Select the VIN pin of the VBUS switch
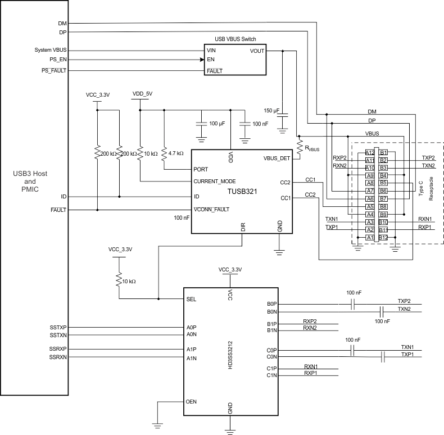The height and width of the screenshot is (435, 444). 212,50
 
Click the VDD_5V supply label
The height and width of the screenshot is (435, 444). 142,94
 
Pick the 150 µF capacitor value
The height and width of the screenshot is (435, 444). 271,110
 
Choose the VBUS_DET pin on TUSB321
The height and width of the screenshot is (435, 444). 277,158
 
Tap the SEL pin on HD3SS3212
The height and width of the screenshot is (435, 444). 191,299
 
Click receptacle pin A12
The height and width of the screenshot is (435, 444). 369,152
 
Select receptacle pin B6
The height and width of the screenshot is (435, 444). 384,191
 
